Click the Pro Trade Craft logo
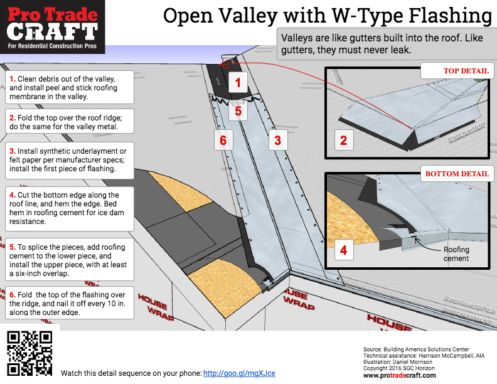tap(53, 26)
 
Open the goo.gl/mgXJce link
tap(239, 373)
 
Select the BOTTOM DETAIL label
tap(456, 174)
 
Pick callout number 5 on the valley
tap(238, 111)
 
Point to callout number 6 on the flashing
tap(223, 141)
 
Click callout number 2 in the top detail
tap(343, 141)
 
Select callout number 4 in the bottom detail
tap(343, 250)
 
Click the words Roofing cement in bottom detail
tap(456, 253)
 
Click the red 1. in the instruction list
tap(12, 79)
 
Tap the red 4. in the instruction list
tap(12, 195)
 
